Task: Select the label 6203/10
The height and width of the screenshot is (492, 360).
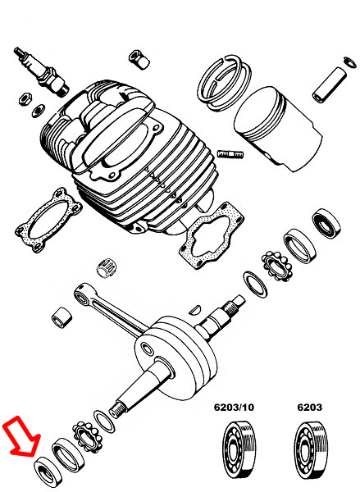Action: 237,408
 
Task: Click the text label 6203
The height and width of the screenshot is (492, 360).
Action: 310,408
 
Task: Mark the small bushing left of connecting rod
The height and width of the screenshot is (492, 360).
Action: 61,317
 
